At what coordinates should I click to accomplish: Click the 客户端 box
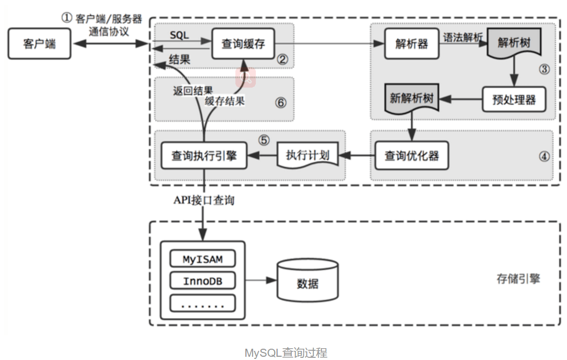point(39,44)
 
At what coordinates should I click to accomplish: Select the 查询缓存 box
point(243,44)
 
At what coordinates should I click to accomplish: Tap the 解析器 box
point(412,44)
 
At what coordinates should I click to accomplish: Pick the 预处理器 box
point(514,99)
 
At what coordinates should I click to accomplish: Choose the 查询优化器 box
point(412,156)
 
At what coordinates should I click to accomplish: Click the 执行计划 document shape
point(308,156)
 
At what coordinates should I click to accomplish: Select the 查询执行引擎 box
point(204,156)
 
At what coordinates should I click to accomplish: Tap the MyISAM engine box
point(203,259)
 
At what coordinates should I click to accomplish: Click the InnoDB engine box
point(203,281)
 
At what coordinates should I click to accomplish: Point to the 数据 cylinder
point(308,280)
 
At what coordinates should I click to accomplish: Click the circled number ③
point(544,69)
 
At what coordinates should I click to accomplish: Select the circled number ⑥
point(281,103)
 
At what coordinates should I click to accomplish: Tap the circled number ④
point(544,156)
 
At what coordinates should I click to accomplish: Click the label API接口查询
point(204,200)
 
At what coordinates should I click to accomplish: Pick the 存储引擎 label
point(518,279)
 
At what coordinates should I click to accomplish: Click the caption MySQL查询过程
point(286,352)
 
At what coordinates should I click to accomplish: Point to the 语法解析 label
point(463,37)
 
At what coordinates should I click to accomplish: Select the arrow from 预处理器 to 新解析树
point(461,99)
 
